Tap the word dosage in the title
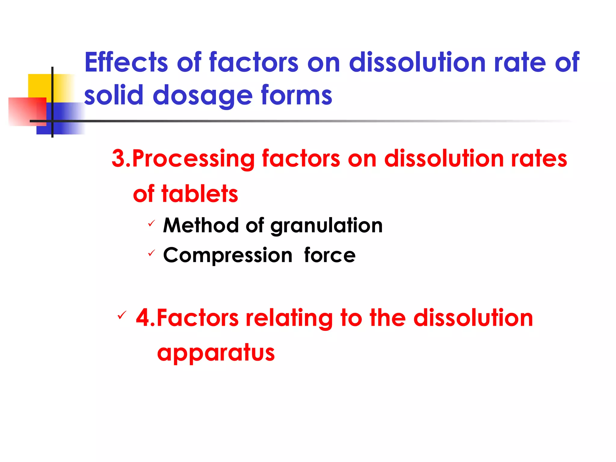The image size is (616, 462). coord(202,96)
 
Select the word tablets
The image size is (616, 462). coord(200,194)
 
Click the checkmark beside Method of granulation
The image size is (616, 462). coord(152,223)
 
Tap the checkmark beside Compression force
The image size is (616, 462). coord(152,253)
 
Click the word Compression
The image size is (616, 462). coord(228,255)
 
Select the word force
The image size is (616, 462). coord(330,255)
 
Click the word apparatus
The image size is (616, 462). coord(216,353)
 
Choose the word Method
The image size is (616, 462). coord(201,225)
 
